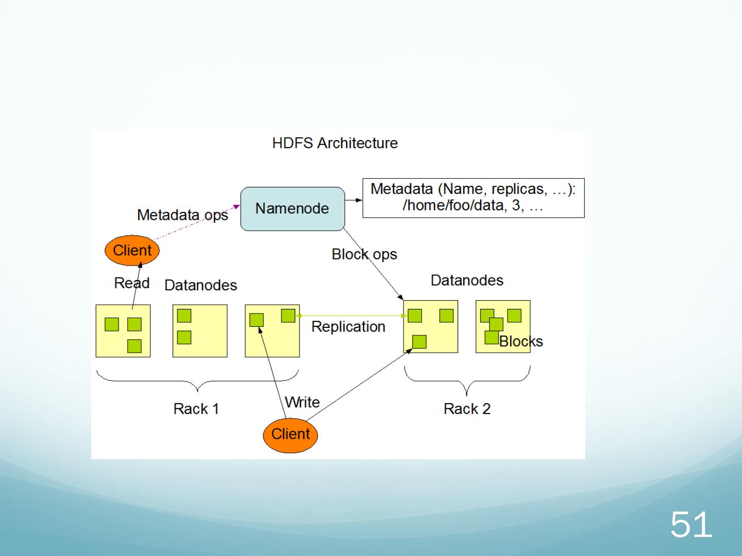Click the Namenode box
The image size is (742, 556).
pos(292,208)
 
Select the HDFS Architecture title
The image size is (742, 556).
pos(335,143)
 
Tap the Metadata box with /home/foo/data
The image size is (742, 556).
pos(473,198)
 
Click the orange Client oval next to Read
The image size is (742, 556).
pos(132,250)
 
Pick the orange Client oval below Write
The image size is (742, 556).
pos(291,434)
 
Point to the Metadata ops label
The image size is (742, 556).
pos(182,215)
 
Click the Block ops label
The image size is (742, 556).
pos(364,254)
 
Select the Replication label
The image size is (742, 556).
pos(348,327)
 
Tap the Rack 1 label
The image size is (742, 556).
pos(196,409)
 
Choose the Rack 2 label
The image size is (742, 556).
pos(467,409)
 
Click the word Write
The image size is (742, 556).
pos(302,402)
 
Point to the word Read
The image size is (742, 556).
pos(131,283)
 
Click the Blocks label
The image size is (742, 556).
pos(521,341)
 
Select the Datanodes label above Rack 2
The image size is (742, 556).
pos(467,280)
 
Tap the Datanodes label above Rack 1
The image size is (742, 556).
pos(200,285)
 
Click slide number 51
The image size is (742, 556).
pos(691,525)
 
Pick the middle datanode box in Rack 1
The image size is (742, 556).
pos(200,331)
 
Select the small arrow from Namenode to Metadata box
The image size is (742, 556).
pos(353,200)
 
